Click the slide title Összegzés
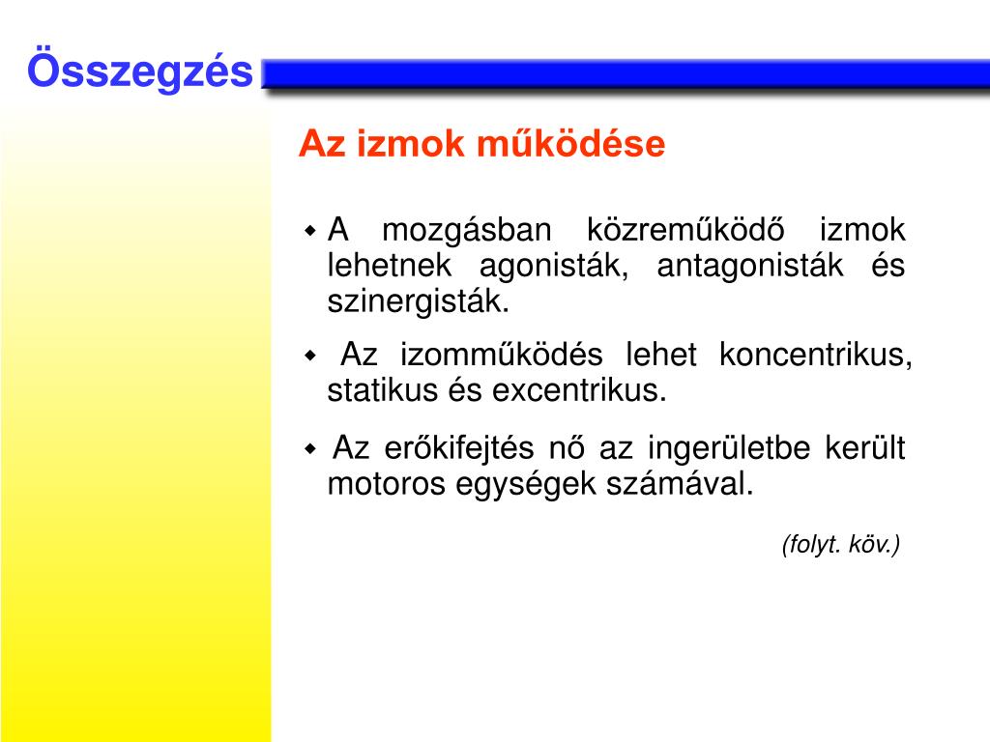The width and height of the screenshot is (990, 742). tap(140, 72)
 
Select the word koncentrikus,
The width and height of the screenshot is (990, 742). tap(817, 355)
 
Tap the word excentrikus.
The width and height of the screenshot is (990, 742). tap(580, 390)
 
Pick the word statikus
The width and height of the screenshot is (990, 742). tap(370, 390)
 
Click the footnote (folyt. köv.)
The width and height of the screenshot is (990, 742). tap(841, 545)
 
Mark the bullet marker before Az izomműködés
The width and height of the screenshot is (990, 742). tap(310, 356)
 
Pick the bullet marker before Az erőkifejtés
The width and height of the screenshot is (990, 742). tap(310, 449)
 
